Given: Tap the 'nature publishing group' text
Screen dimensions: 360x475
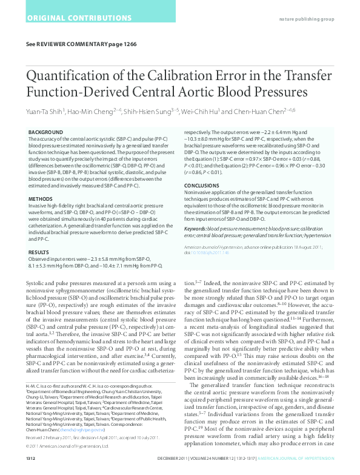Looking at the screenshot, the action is pos(306,19).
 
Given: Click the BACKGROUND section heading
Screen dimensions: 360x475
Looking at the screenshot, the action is pos(46,132).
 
